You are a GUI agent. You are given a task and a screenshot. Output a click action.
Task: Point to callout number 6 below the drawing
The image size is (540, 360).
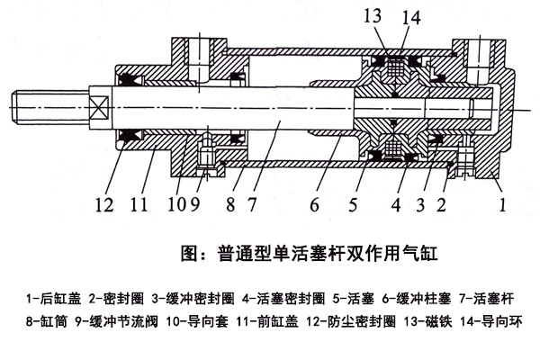(x=314, y=204)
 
